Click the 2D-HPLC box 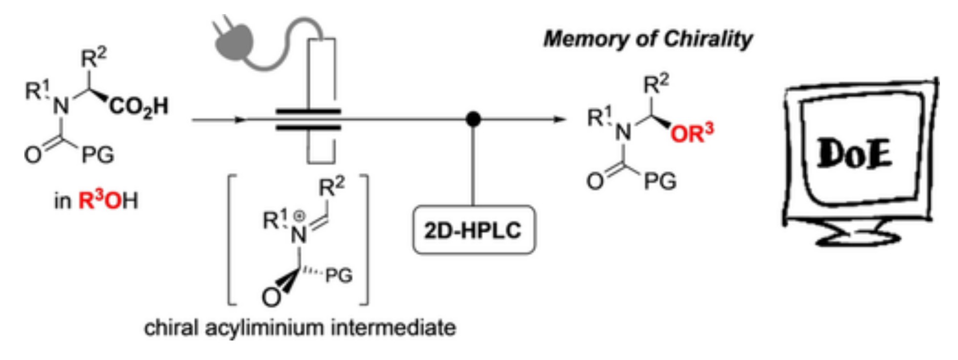tap(473, 230)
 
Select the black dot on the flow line tap(473, 119)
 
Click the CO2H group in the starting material tap(139, 106)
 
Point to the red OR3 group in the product tap(691, 133)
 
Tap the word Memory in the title tap(585, 39)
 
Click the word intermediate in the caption tap(394, 328)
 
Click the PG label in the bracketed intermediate tap(339, 276)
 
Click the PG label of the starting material tap(98, 155)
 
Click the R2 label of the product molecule tap(656, 84)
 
